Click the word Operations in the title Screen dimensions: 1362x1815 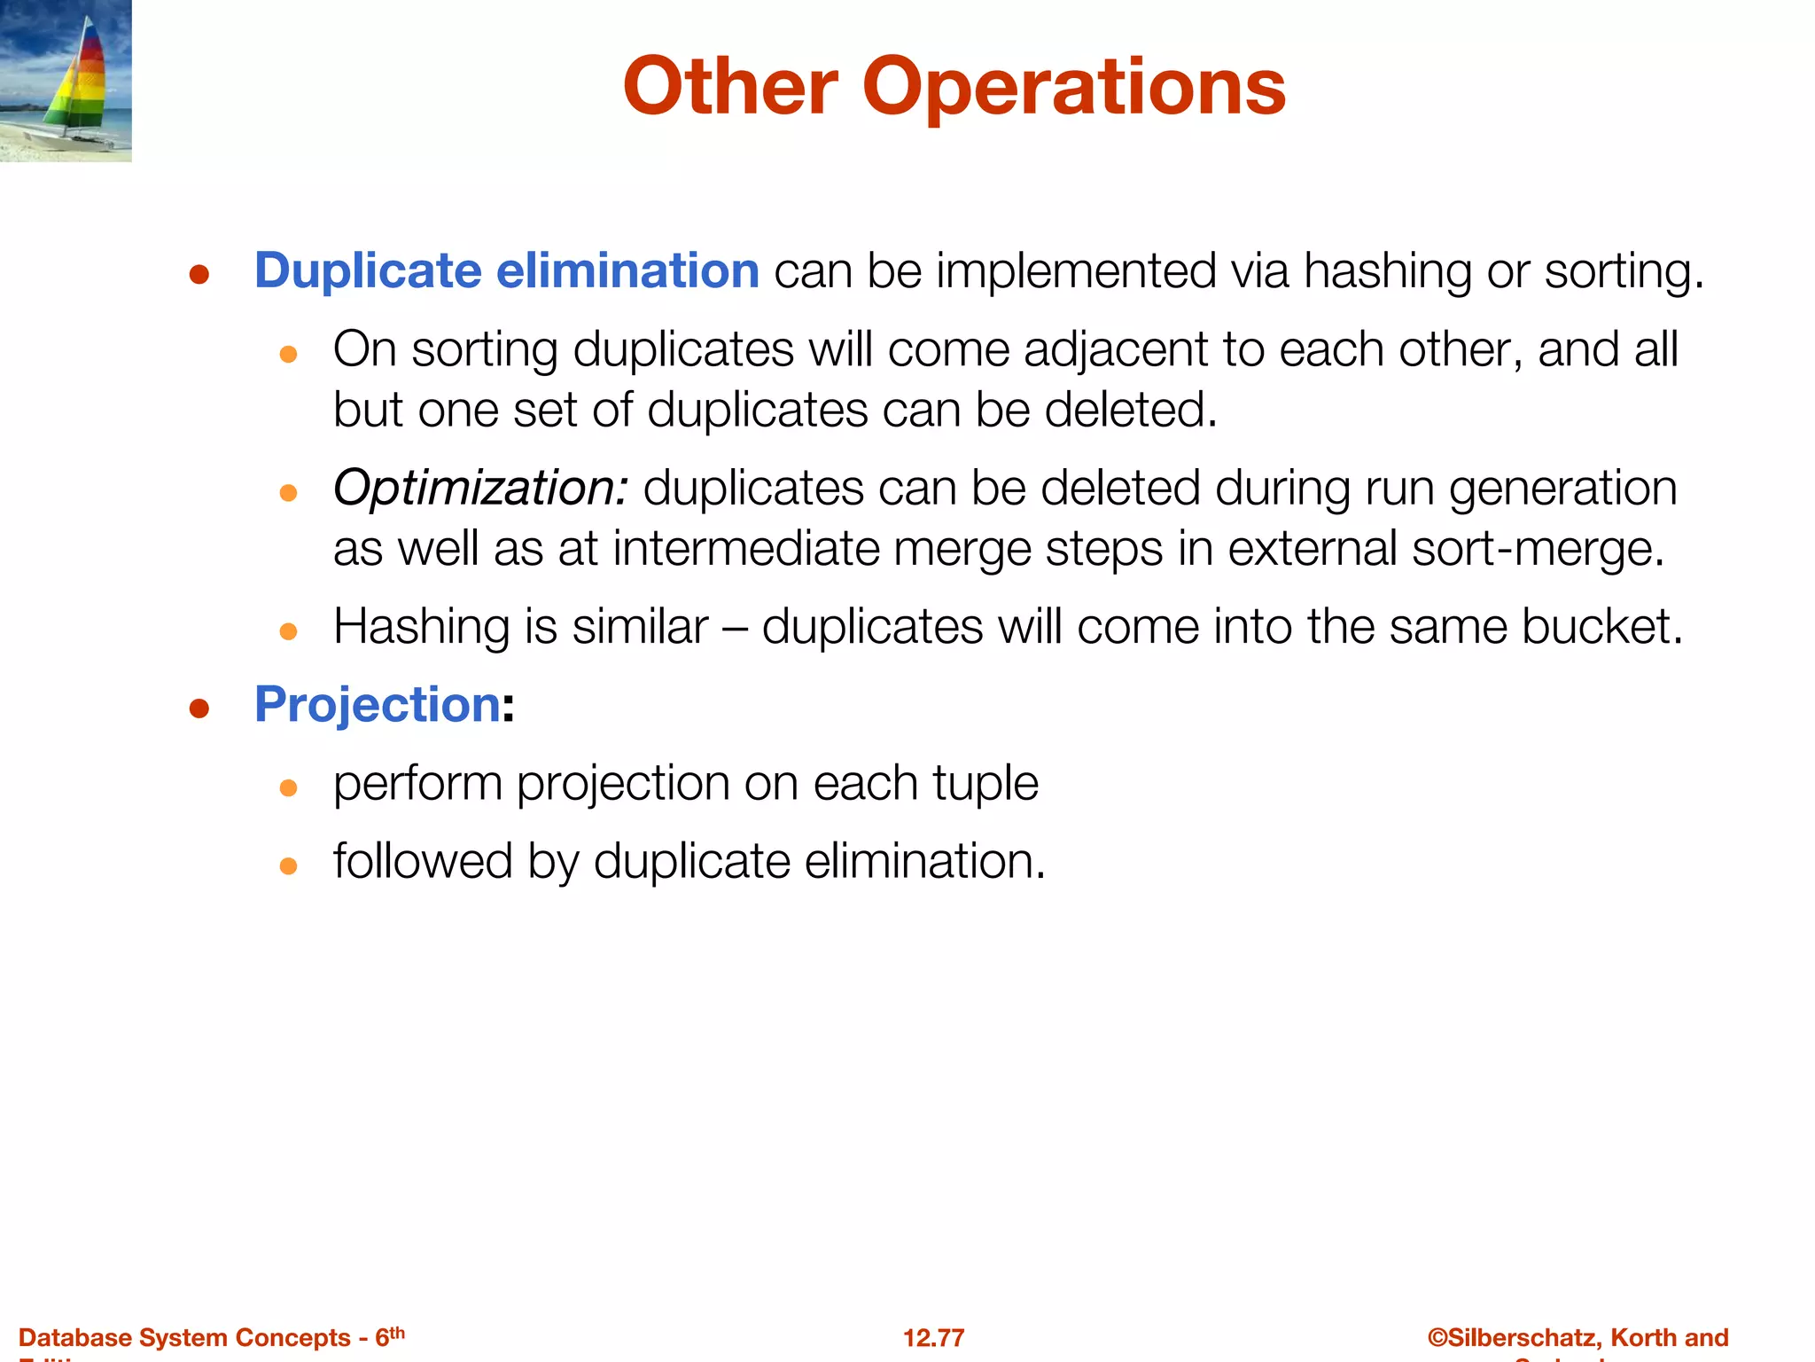(x=1073, y=87)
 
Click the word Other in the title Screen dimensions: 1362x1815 (x=730, y=87)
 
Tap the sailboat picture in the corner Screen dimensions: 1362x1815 (x=66, y=81)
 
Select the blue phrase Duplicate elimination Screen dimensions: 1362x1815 (x=506, y=270)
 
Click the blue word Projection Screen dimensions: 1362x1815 (x=378, y=705)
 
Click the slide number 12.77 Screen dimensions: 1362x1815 (x=933, y=1337)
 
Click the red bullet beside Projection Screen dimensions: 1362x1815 (x=199, y=708)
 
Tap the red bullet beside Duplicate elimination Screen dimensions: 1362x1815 (x=199, y=274)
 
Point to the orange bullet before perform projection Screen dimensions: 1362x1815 (x=288, y=787)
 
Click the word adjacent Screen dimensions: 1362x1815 (x=1116, y=349)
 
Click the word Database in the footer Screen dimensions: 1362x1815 (x=74, y=1337)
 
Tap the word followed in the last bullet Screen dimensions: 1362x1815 (x=423, y=861)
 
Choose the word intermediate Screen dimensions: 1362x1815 (x=745, y=549)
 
